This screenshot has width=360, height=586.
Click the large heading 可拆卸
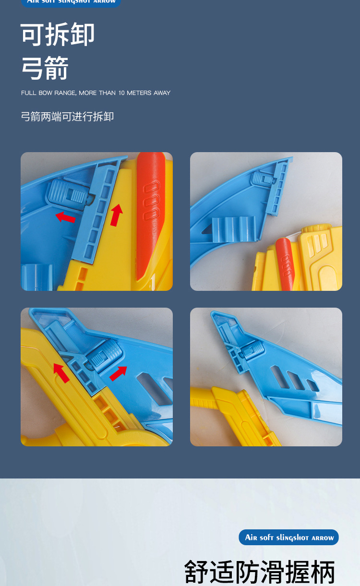click(58, 35)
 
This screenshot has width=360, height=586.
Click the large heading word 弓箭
click(45, 68)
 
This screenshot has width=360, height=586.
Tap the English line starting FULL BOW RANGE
click(96, 93)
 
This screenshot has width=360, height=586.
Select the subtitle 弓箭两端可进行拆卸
click(67, 117)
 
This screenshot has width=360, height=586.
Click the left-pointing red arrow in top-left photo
click(65, 217)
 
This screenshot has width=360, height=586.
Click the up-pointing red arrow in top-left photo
click(116, 215)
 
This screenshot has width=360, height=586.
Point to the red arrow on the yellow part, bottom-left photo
click(61, 372)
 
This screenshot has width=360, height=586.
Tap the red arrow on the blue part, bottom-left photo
click(118, 373)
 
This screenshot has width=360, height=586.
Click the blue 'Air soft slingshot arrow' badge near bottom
click(289, 538)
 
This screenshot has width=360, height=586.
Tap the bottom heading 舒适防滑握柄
click(259, 572)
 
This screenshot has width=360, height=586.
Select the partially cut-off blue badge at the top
click(71, 2)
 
